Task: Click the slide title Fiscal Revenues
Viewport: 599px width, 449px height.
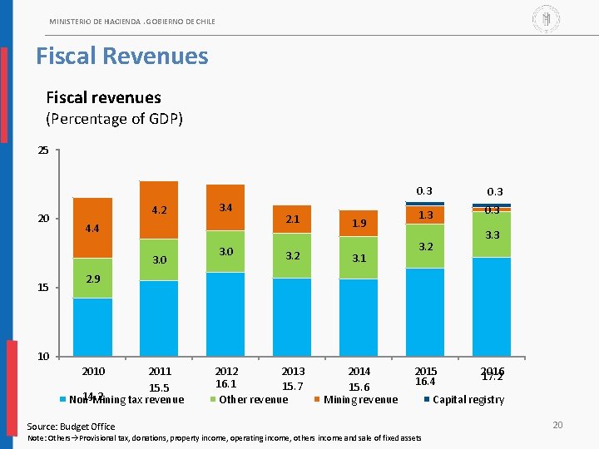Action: pos(121,57)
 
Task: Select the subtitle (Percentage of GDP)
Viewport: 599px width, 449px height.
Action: pos(114,119)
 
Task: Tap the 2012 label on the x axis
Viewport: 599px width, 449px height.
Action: pos(226,371)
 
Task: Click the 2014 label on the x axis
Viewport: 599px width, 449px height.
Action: pos(359,371)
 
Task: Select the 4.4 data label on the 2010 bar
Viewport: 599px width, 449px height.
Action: pos(92,228)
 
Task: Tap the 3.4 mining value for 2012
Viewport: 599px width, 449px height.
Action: pos(225,207)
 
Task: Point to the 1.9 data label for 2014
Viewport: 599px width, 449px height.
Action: pos(359,223)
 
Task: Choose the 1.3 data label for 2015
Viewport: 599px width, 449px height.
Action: pos(426,215)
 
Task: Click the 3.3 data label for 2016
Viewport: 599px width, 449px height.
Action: pos(492,235)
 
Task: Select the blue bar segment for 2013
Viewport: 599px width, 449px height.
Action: pos(292,316)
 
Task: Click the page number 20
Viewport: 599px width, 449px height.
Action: pos(557,426)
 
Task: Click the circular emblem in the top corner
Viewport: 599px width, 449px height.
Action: pos(546,17)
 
